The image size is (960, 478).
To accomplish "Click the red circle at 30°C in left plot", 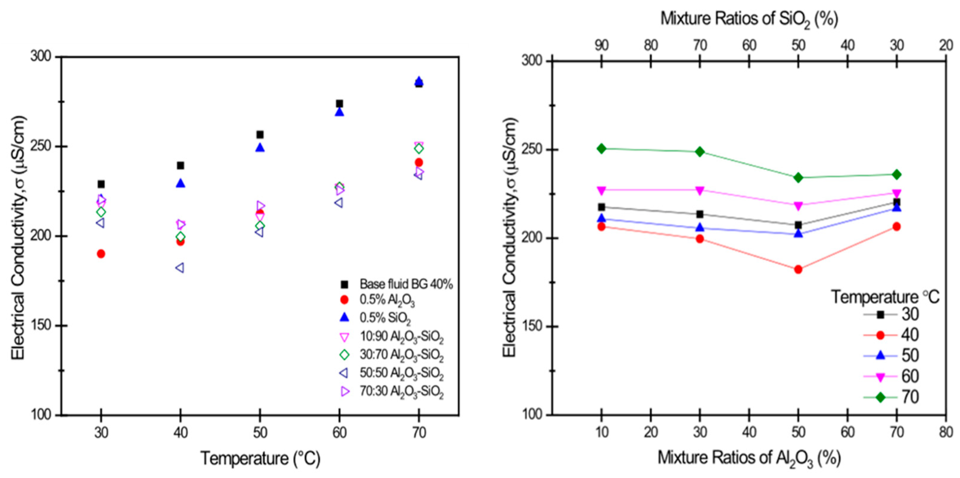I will [101, 254].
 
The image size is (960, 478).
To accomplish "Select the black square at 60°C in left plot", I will [339, 103].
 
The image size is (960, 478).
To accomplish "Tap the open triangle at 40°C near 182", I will [180, 268].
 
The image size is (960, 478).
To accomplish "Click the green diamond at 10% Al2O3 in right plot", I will [601, 148].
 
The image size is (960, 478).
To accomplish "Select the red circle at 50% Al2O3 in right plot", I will [798, 269].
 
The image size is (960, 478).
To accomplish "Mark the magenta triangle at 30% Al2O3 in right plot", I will [700, 190].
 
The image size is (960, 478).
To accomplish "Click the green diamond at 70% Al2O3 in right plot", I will [897, 175].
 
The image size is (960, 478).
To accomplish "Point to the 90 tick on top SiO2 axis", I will [601, 46].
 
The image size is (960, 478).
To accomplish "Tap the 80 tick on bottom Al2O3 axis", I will [946, 432].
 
